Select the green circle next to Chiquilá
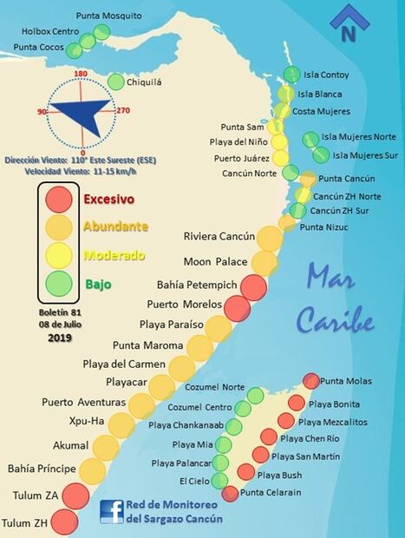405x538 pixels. point(115,82)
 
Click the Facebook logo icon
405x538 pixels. point(110,511)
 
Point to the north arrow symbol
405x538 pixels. point(348,23)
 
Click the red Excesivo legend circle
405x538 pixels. point(60,200)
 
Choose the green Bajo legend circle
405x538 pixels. point(60,283)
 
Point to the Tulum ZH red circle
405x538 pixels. point(62,522)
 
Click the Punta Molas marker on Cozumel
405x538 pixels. point(310,381)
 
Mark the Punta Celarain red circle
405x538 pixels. point(230,493)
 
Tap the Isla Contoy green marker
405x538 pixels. point(291,75)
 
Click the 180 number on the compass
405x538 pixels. point(82,74)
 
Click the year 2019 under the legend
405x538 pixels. point(60,338)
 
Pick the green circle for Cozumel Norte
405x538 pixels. point(255,396)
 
